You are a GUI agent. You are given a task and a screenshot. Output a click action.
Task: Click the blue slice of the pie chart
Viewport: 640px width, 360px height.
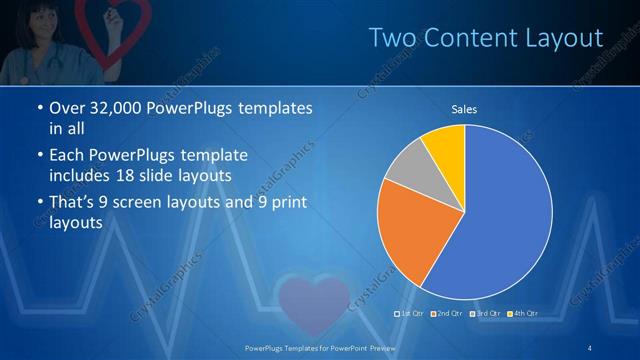(x=500, y=220)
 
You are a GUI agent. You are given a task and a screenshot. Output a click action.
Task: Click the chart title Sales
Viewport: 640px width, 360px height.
(x=463, y=108)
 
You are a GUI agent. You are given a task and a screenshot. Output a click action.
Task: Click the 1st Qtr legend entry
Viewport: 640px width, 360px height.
(x=410, y=314)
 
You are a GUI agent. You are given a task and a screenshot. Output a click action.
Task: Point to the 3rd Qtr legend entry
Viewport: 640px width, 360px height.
(x=485, y=314)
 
